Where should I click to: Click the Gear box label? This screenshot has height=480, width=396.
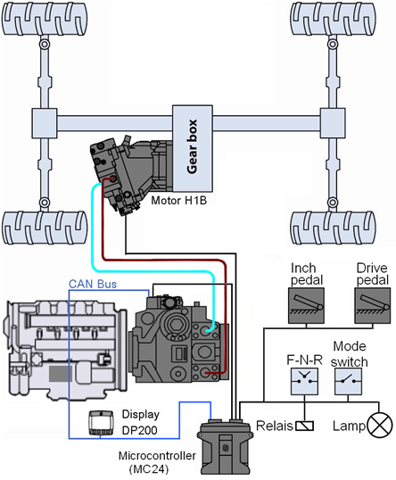click(192, 147)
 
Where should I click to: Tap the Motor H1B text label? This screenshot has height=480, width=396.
click(179, 201)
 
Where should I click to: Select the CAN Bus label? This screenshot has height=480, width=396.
click(93, 284)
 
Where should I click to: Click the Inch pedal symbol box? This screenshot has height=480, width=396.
click(306, 305)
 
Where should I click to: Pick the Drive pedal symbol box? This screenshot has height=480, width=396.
click(373, 305)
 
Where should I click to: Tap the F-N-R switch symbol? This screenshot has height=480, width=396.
click(304, 382)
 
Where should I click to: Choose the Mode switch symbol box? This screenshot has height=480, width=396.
click(348, 382)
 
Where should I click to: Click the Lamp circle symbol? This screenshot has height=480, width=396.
click(379, 426)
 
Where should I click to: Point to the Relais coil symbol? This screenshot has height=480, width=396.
click(304, 426)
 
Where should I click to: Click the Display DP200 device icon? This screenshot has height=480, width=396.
click(101, 422)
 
